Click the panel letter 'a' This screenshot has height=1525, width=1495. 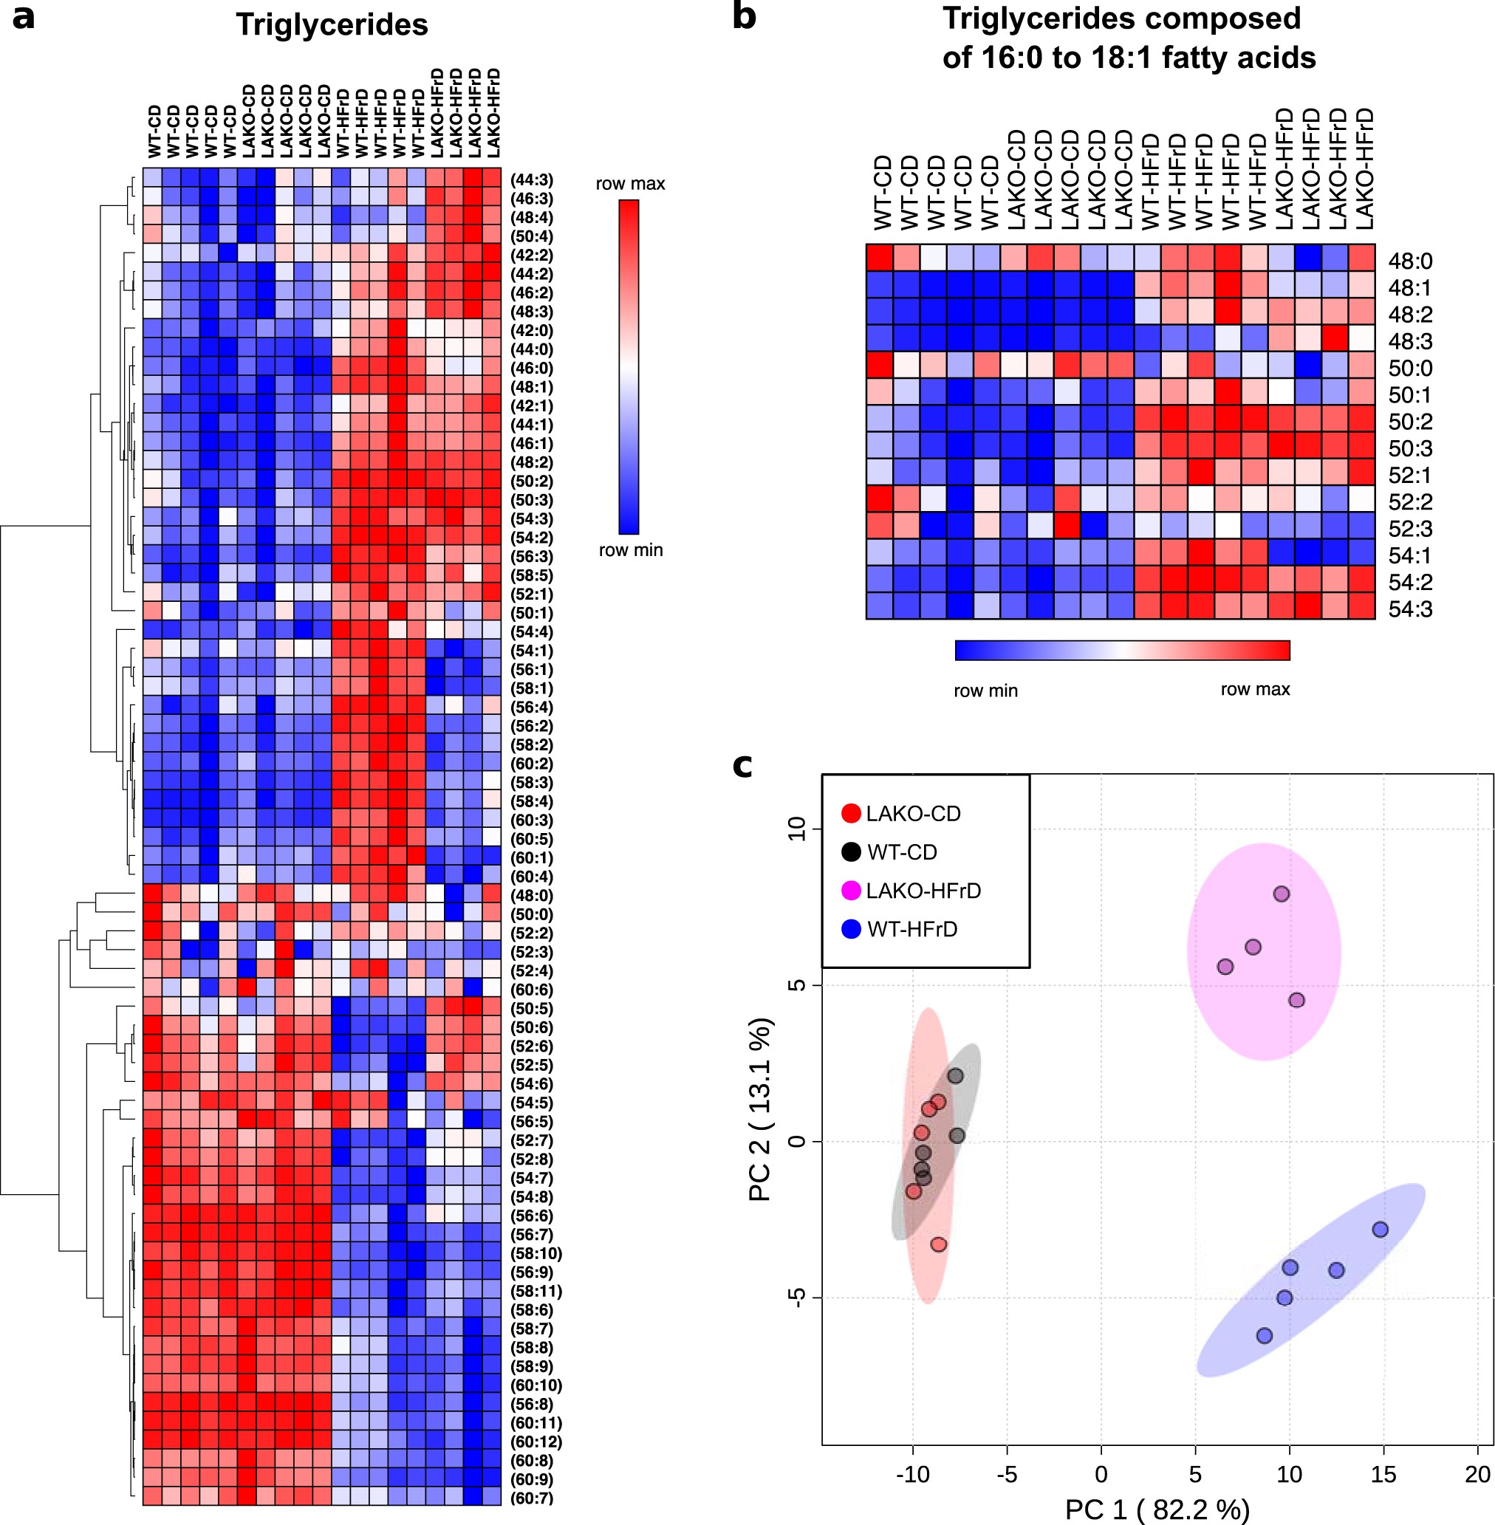click(x=24, y=18)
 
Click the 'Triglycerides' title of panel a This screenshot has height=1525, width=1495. click(x=332, y=25)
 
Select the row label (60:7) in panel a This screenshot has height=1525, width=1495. click(x=532, y=1498)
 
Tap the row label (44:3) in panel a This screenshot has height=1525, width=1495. click(x=532, y=179)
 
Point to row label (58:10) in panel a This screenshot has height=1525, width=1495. click(x=536, y=1253)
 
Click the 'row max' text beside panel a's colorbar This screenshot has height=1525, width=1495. click(x=630, y=184)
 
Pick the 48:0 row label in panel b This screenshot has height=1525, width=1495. click(x=1410, y=261)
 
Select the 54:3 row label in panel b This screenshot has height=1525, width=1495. click(x=1410, y=609)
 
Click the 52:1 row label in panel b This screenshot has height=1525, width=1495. click(x=1410, y=475)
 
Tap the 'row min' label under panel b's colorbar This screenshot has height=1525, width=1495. click(x=985, y=690)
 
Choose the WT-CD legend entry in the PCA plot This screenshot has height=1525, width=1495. click(x=901, y=852)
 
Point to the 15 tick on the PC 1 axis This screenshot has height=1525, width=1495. click(x=1383, y=1474)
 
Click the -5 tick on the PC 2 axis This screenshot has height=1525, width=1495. click(x=797, y=1298)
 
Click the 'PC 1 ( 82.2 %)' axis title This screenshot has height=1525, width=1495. click(x=1157, y=1509)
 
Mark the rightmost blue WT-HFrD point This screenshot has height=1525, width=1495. click(x=1380, y=1229)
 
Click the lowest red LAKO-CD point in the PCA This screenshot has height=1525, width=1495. click(x=938, y=1244)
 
